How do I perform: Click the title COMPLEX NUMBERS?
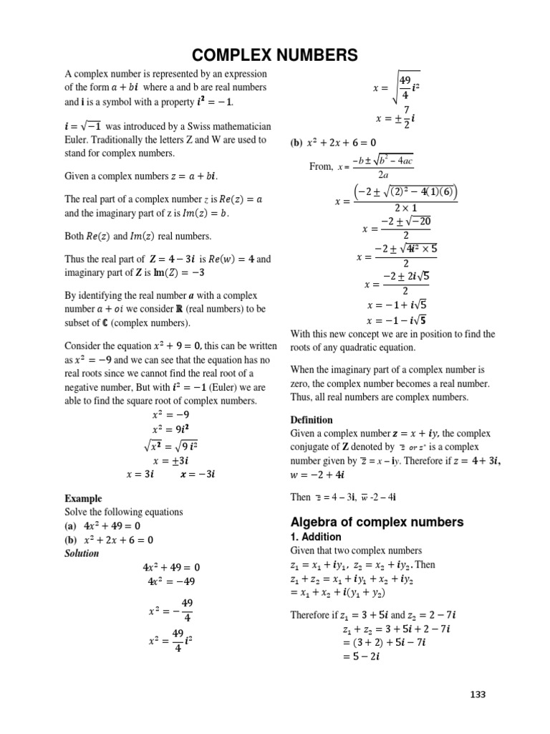tap(274, 55)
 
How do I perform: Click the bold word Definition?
tap(312, 419)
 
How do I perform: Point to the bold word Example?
tap(83, 498)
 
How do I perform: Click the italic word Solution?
tap(82, 553)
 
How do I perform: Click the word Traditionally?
tap(127, 140)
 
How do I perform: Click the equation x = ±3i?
tap(171, 461)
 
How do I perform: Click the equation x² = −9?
tap(171, 414)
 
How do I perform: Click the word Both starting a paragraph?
tap(77, 235)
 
